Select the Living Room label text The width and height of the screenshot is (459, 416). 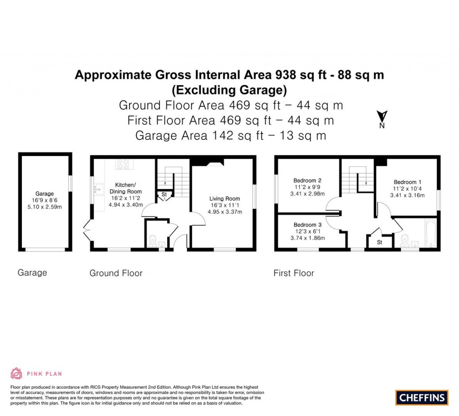224,199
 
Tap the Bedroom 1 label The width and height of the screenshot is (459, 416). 407,182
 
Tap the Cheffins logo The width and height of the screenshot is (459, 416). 422,397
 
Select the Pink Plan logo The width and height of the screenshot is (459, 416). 36,373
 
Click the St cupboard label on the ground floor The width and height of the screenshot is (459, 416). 164,195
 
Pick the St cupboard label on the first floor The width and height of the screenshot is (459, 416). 379,243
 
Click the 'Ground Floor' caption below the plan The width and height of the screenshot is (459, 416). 116,273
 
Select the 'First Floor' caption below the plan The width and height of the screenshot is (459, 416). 294,273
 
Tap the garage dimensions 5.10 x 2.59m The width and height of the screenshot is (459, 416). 44,207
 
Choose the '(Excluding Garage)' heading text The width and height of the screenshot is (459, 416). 229,90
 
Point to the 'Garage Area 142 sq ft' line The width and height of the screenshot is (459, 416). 199,135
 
